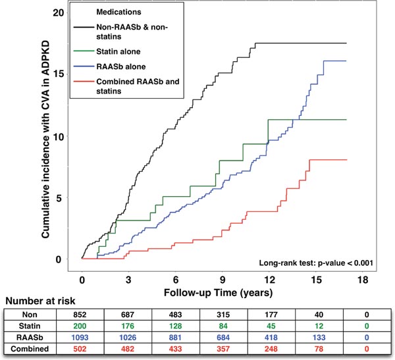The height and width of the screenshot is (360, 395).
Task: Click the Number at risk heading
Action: (x=39, y=302)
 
